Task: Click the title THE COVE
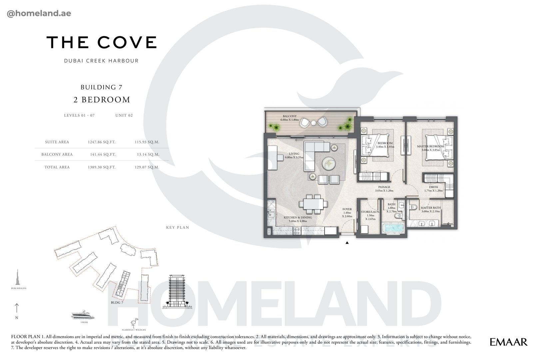click(101, 42)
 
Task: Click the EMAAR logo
click(509, 342)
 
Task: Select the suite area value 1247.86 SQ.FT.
click(102, 142)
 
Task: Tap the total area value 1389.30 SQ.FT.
click(102, 167)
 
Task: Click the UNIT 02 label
click(124, 116)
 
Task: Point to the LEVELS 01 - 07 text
click(79, 116)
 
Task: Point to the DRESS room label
click(433, 187)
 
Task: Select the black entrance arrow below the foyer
click(347, 243)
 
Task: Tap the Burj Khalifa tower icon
click(17, 277)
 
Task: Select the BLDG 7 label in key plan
click(117, 303)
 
